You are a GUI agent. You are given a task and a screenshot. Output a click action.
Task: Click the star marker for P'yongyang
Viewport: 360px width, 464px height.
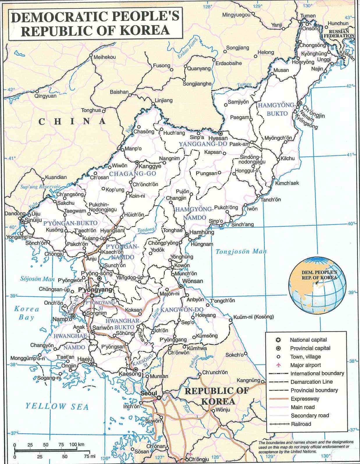point(92,296)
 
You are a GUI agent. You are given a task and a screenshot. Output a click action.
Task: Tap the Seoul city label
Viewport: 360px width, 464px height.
point(148,393)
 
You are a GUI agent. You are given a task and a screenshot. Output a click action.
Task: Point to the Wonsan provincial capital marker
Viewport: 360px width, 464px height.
point(181,286)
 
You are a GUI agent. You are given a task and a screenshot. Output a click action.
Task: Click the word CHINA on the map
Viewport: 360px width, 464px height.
point(72,121)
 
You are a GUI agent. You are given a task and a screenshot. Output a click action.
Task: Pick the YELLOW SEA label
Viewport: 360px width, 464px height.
point(57,406)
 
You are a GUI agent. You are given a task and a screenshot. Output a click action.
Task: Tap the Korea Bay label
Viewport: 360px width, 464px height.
point(26,313)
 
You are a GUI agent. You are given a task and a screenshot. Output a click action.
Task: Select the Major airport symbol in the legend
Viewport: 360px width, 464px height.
point(278,365)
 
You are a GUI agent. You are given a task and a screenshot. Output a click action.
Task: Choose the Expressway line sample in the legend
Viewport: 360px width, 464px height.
point(278,399)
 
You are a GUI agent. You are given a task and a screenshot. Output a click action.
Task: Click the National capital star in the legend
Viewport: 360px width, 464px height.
point(278,339)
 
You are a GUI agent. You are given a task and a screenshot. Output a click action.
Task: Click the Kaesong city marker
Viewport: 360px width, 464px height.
point(136,369)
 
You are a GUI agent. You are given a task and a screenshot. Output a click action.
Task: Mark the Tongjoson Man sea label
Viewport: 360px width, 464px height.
point(241,252)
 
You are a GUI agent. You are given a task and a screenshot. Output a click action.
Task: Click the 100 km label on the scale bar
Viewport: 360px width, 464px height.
point(77,444)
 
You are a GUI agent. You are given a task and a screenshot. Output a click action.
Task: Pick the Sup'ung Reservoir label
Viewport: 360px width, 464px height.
point(40,187)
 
